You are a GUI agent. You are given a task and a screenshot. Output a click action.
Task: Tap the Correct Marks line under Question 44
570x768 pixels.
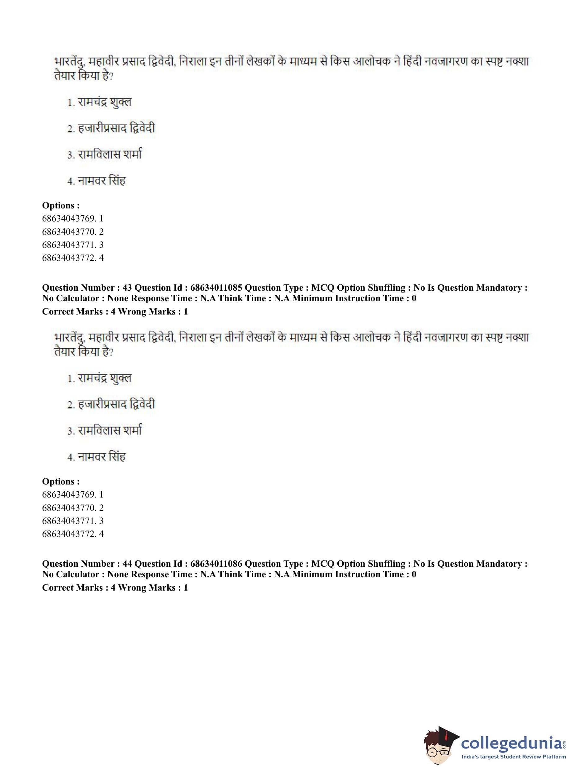[115, 588]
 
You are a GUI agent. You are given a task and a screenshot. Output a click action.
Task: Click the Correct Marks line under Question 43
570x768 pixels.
[115, 312]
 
